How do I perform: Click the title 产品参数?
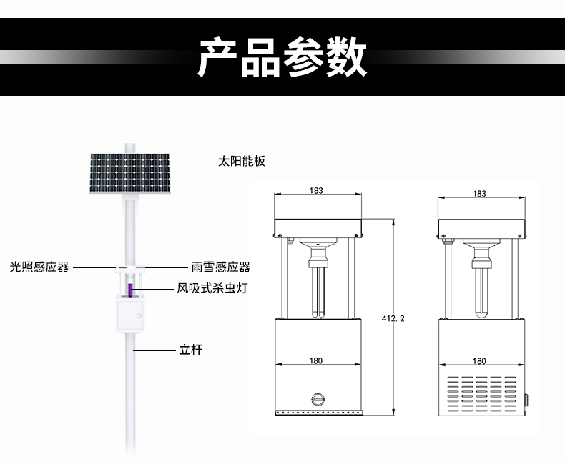tap(282, 57)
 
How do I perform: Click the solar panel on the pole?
tap(130, 172)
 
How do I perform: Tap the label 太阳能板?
tap(241, 162)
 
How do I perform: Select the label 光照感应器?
tap(39, 267)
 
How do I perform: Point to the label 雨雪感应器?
tap(220, 267)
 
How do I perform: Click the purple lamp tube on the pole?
tap(130, 290)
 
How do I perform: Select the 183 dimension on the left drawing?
tap(317, 190)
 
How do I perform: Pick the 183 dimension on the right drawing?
tap(480, 194)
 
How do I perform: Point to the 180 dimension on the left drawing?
tap(316, 361)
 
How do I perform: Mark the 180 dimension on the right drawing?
tap(480, 361)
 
